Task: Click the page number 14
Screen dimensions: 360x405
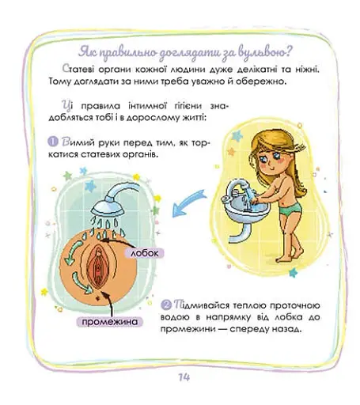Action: [x=184, y=377]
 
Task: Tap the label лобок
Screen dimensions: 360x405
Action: [x=145, y=253]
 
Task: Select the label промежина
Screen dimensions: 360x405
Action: [x=110, y=322]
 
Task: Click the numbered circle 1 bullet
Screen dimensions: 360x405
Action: [x=53, y=142]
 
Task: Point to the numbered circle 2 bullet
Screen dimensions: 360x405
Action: [x=166, y=305]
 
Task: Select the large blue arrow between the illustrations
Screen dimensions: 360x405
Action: [x=189, y=203]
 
